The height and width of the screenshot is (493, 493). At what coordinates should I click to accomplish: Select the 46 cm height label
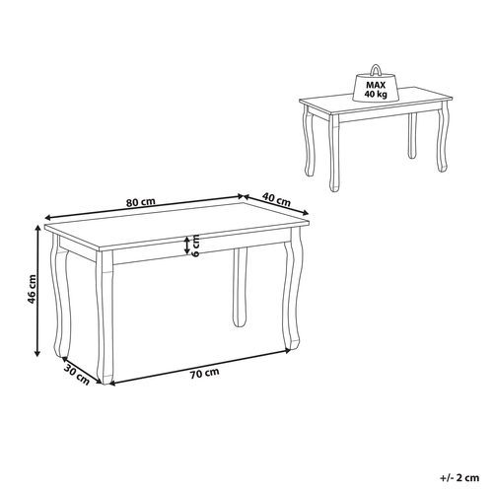(31, 291)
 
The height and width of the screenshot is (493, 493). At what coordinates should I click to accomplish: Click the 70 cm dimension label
(204, 374)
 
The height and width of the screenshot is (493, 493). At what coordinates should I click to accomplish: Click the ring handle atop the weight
(377, 70)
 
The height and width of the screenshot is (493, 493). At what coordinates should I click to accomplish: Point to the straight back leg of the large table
(238, 289)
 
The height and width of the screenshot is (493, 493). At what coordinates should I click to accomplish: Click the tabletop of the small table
(375, 109)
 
